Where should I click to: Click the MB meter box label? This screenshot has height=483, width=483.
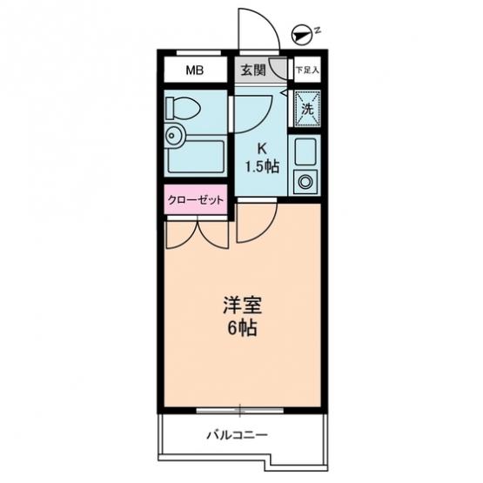click(x=195, y=70)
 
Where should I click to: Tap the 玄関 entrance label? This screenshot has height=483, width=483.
click(x=253, y=70)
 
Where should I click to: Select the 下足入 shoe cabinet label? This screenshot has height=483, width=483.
click(x=307, y=70)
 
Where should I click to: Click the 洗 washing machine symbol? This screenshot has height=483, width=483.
click(x=307, y=109)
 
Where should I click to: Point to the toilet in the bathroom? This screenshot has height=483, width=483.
click(x=183, y=108)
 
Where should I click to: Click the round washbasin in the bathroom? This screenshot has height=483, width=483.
click(x=175, y=135)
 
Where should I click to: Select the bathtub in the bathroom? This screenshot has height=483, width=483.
click(x=196, y=157)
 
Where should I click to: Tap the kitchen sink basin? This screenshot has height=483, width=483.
click(x=305, y=151)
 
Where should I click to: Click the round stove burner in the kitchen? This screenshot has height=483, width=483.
click(x=305, y=181)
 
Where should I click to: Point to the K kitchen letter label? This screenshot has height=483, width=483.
click(x=262, y=150)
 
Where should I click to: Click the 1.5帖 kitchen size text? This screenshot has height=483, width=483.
click(x=262, y=167)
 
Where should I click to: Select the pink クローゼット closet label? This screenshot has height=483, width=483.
click(x=195, y=200)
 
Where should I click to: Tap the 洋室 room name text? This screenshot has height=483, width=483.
click(x=243, y=305)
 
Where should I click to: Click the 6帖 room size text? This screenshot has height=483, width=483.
click(x=243, y=329)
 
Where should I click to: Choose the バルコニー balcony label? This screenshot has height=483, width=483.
click(x=238, y=435)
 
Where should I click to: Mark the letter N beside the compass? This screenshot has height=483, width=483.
click(x=318, y=30)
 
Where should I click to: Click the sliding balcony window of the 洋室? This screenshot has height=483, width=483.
click(x=239, y=410)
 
